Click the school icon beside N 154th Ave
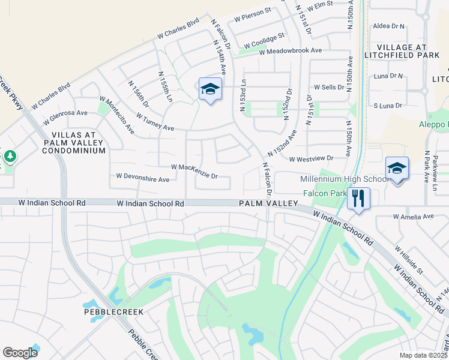[210, 89]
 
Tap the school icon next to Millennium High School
[397, 169]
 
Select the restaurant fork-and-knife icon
[358, 199]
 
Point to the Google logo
[20, 353]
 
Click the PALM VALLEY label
[268, 204]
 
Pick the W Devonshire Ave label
[143, 178]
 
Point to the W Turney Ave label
[155, 122]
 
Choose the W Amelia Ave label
[413, 216]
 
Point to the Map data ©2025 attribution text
[423, 355]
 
